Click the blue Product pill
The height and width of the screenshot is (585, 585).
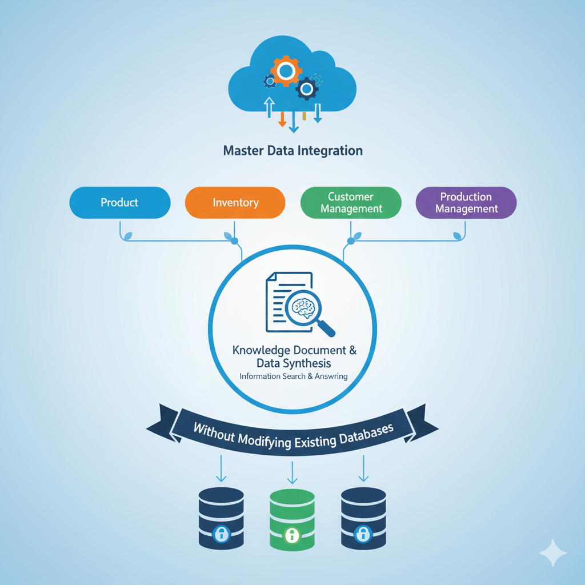point(119,203)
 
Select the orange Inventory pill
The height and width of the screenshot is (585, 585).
point(235,203)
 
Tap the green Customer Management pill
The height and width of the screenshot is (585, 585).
point(351,203)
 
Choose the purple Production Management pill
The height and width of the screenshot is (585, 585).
point(466,203)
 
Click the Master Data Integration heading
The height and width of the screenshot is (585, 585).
point(292,151)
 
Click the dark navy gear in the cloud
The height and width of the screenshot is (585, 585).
point(307,88)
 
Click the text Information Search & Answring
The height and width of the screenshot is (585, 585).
point(294,376)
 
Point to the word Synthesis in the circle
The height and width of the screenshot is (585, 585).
point(310,363)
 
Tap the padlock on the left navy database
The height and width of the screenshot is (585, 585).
point(221,535)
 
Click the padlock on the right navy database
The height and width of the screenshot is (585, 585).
point(362,534)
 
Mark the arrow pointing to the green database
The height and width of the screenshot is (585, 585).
point(292,472)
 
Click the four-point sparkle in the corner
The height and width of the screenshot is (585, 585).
point(553,552)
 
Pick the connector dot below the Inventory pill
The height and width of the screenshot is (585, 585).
point(234,242)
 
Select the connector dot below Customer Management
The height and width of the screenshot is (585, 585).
point(351,242)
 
